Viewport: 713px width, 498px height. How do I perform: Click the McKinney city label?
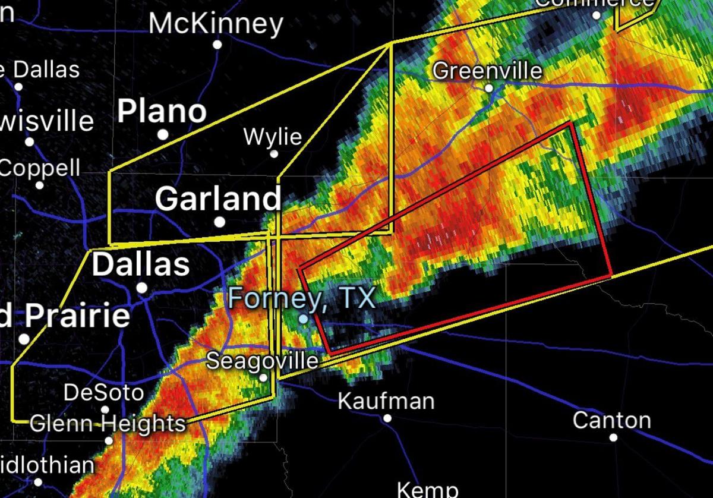(x=216, y=24)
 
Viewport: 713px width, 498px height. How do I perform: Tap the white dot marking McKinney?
(x=217, y=45)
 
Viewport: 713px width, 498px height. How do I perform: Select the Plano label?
(x=162, y=112)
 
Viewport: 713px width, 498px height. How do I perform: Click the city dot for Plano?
(x=163, y=135)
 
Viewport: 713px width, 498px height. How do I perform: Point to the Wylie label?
(x=273, y=137)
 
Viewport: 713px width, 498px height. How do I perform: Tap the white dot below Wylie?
(x=275, y=154)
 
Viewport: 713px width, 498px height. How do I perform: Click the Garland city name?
(x=218, y=198)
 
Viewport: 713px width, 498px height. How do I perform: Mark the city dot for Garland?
(x=220, y=222)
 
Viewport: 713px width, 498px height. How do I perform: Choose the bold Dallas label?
(x=141, y=264)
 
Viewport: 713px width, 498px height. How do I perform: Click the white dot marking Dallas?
(x=142, y=288)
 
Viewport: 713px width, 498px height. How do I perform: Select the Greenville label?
(x=487, y=71)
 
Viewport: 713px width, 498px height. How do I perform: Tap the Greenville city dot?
(x=489, y=88)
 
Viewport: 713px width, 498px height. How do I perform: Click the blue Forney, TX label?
(x=302, y=297)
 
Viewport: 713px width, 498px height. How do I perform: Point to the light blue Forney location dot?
(x=303, y=319)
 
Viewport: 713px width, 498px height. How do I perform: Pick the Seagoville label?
(x=262, y=361)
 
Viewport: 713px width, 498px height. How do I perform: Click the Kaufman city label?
(x=386, y=401)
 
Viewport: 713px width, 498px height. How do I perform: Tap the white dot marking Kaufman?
(x=387, y=418)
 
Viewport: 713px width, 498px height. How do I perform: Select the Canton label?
(x=611, y=421)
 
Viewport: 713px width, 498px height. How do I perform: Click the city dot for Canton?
(x=613, y=438)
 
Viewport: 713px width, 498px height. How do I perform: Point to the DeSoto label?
(x=103, y=393)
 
